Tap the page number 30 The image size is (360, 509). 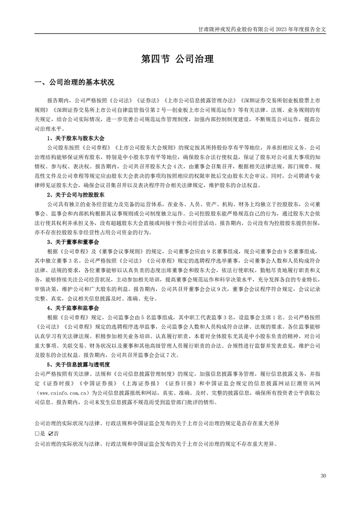pos(323,475)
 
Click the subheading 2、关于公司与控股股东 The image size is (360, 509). pos(75,195)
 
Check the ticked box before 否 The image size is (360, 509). pos(51,433)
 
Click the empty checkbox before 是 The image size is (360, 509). pos(37,433)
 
